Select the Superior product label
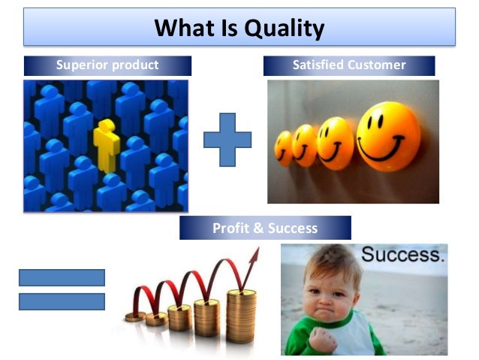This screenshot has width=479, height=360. tap(107, 65)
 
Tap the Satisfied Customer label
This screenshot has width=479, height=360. tap(349, 65)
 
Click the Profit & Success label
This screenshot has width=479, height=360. tap(265, 228)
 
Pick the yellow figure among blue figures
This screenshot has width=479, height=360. tap(105, 144)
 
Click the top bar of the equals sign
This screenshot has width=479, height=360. tap(62, 277)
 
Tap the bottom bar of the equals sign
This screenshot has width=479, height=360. tap(62, 301)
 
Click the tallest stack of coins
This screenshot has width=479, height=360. tap(241, 315)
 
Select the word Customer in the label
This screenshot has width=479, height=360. tap(377, 65)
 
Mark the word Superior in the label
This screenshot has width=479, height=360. tap(82, 65)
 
